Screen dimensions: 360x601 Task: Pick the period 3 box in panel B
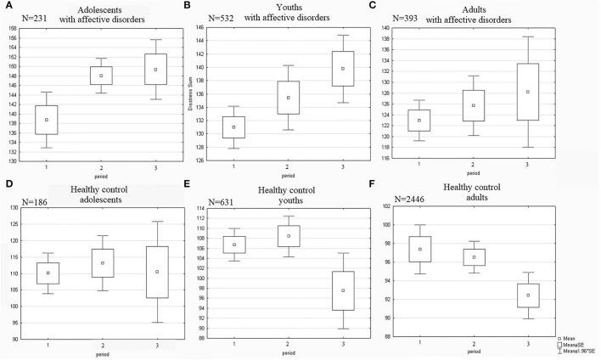(x=319, y=69)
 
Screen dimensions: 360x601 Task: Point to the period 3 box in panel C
(x=527, y=92)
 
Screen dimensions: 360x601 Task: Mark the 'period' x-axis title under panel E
(x=282, y=353)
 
